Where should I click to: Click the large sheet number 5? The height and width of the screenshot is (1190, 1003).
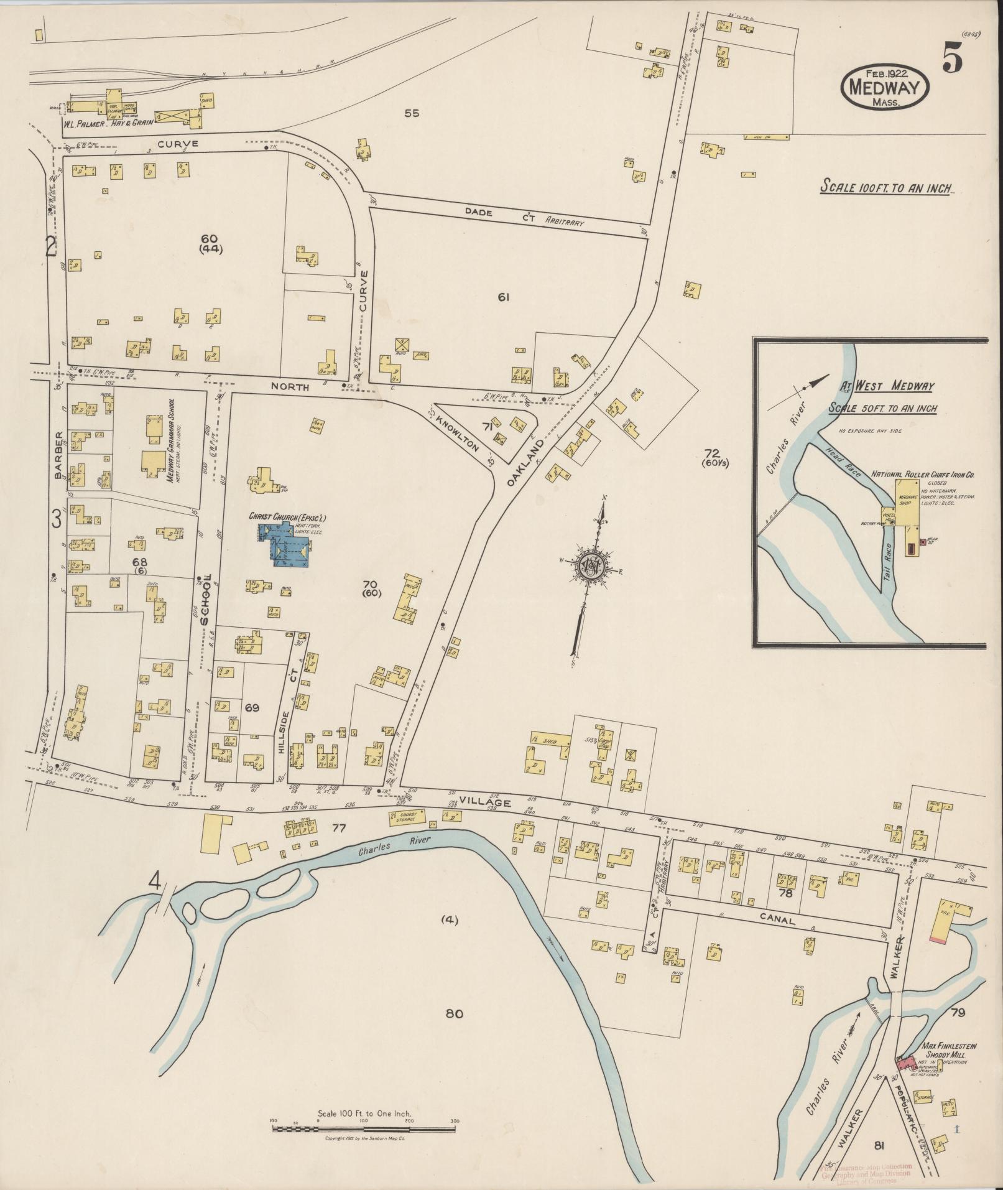coord(953,61)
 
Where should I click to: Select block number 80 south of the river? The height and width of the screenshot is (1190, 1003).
coord(454,1013)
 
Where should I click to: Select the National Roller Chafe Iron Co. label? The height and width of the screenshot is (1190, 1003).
coord(922,475)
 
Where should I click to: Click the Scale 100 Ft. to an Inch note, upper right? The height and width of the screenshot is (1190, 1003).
coord(886,187)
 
